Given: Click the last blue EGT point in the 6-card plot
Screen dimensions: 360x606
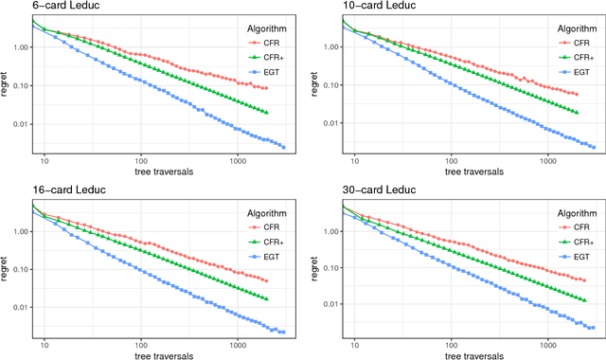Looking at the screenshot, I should (x=282, y=147).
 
